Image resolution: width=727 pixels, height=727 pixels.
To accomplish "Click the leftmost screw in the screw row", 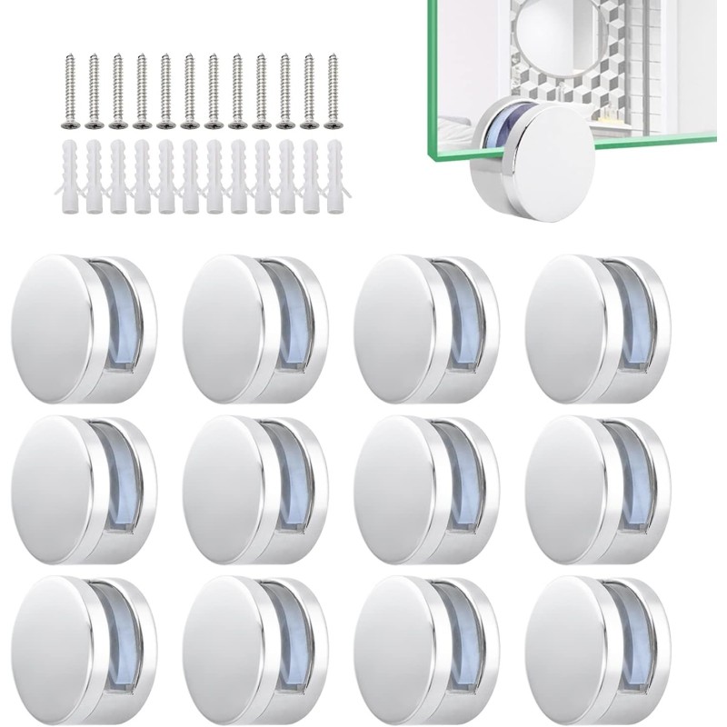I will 70,91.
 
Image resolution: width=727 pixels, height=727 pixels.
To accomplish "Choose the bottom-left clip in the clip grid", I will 84,644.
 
